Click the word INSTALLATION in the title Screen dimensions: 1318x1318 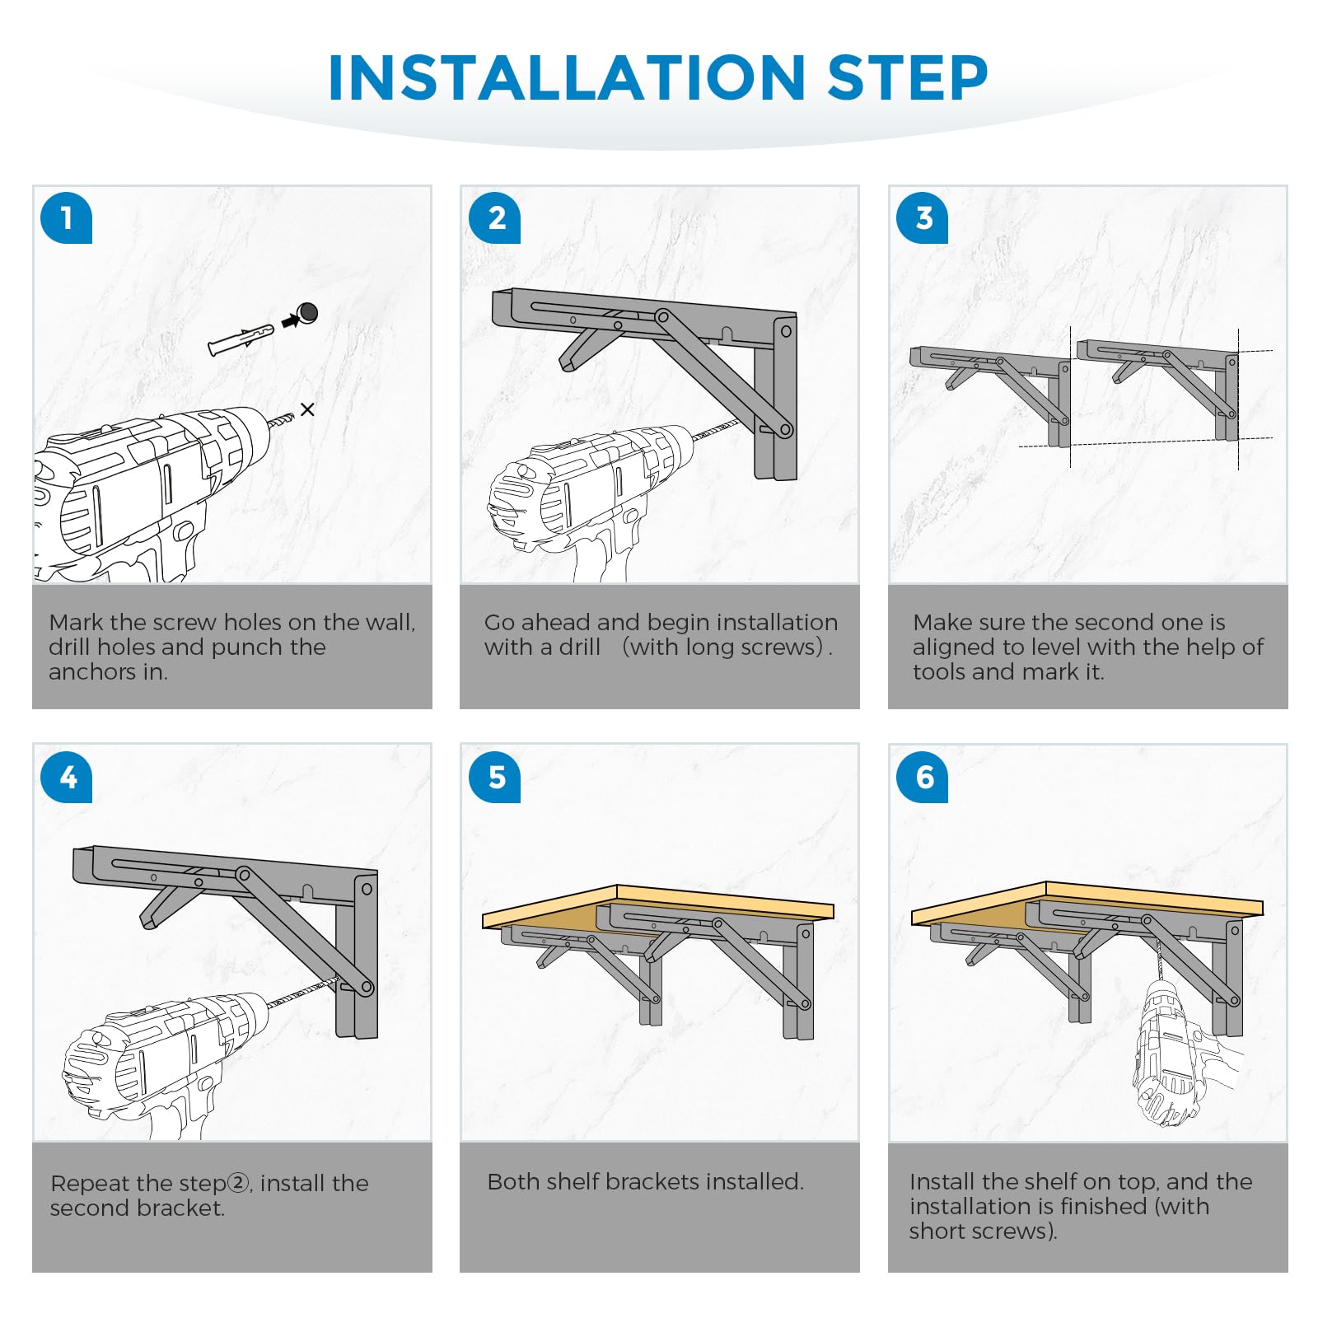[567, 78]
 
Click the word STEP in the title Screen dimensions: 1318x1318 [908, 78]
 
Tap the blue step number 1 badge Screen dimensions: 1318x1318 [66, 218]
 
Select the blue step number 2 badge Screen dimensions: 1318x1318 [494, 218]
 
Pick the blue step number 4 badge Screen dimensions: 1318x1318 [66, 777]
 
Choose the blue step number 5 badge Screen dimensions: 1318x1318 [494, 777]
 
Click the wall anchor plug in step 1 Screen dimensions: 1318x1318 [241, 339]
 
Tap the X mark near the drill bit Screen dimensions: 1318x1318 [307, 409]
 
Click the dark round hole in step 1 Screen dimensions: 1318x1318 [308, 312]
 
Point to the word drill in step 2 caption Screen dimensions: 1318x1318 [580, 647]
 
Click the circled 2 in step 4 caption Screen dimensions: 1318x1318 [238, 1183]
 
